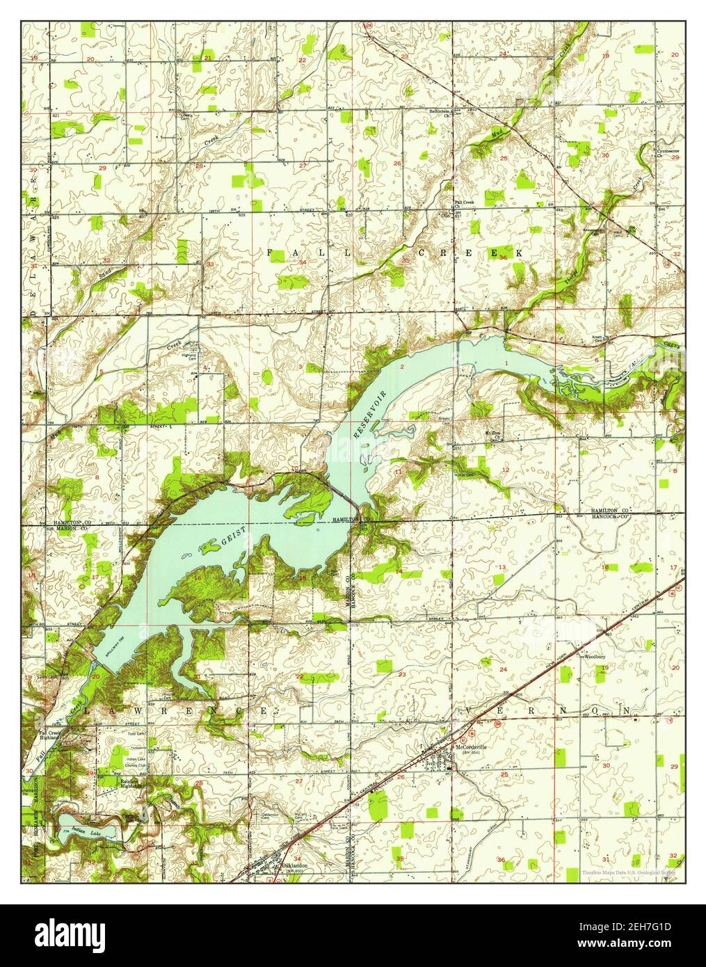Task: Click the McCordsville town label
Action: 472,749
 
